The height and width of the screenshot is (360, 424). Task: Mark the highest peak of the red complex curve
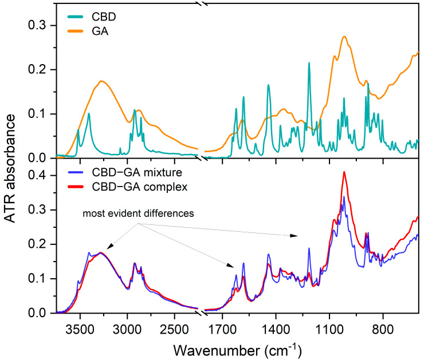[x=344, y=172]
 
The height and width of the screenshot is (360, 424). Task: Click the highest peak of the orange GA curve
[x=344, y=37]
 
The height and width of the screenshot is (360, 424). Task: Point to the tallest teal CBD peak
[x=309, y=63]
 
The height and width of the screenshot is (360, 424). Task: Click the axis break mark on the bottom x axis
[x=202, y=313]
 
